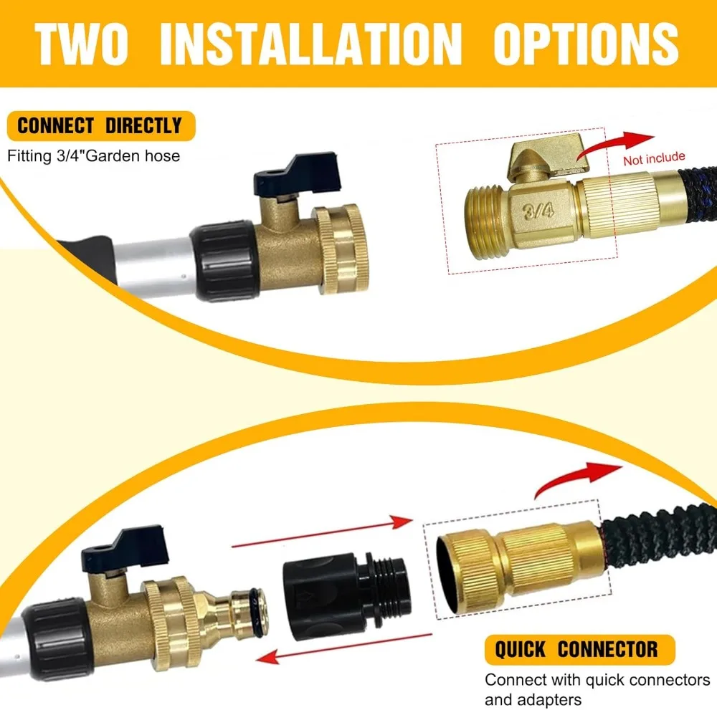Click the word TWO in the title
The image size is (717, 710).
tap(82, 44)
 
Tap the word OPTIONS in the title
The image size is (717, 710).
tap(586, 44)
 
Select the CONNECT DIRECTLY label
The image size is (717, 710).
tap(100, 125)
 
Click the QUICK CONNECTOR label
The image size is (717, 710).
tap(579, 649)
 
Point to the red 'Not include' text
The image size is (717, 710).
tap(654, 158)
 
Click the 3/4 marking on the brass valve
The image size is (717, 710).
tap(538, 211)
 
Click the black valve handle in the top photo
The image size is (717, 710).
tap(298, 173)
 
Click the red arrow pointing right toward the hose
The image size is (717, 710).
tap(323, 531)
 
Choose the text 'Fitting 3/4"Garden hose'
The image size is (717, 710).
tap(93, 156)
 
